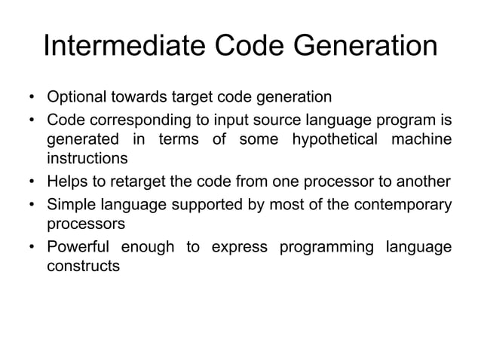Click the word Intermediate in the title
(x=120, y=47)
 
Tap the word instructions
(x=88, y=159)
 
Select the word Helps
(x=67, y=182)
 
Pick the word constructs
(x=84, y=266)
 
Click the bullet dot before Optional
(x=32, y=98)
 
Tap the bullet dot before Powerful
(x=32, y=246)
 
